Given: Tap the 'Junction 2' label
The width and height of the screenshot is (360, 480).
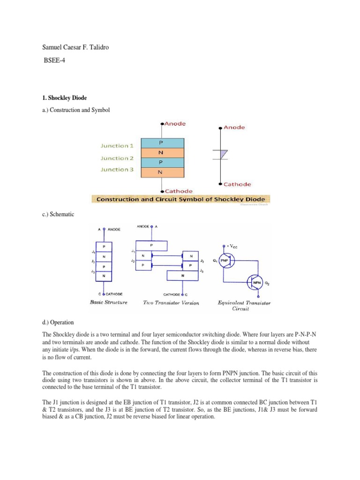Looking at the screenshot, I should pos(117,158).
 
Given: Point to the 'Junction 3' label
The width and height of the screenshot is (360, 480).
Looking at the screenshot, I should pos(117,170).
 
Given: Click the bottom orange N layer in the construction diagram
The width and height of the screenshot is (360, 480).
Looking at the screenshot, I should pos(161,172).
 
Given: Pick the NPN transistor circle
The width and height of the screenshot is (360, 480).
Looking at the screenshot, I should pos(256,282).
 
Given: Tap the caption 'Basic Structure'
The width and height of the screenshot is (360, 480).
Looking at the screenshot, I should pos(108,302).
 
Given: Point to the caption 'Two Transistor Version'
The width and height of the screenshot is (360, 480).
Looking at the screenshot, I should pos(171,303).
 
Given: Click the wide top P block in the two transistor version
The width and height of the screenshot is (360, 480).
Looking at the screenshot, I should pos(151,245).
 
